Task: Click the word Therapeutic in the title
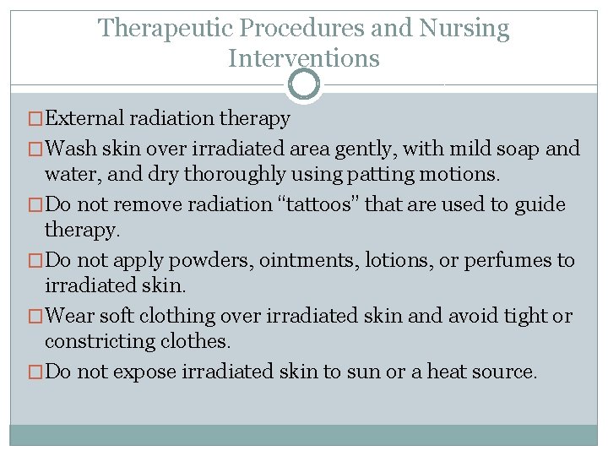pyautogui.click(x=166, y=29)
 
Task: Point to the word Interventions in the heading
pyautogui.click(x=304, y=58)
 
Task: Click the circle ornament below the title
pyautogui.click(x=304, y=84)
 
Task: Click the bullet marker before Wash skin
pyautogui.click(x=35, y=149)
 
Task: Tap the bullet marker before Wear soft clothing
pyautogui.click(x=35, y=317)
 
